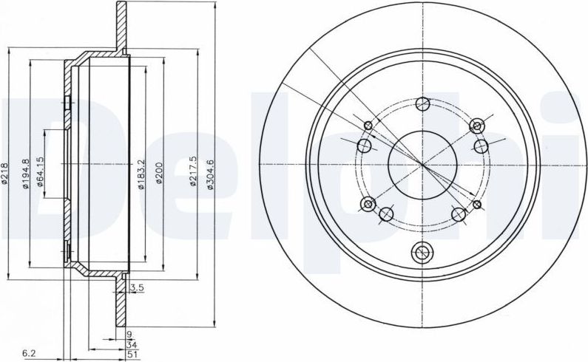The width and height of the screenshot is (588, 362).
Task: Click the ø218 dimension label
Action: tap(5, 173)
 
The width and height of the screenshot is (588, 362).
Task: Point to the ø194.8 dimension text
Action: tap(25, 174)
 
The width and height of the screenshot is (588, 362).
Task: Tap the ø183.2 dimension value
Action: tap(141, 174)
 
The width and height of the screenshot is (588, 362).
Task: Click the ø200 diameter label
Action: tap(159, 173)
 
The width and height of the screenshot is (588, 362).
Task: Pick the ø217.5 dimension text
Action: tap(193, 171)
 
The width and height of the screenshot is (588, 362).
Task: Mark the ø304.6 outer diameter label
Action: tap(210, 174)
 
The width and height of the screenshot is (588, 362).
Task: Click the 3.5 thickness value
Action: tap(138, 288)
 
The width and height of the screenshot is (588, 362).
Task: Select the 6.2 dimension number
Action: tap(29, 352)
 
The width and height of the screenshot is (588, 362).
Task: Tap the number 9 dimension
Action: tap(129, 334)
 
